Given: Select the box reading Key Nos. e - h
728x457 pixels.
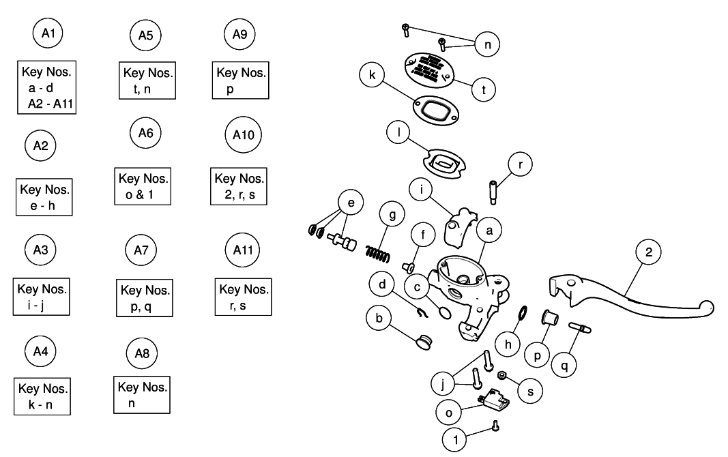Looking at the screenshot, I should pos(44,197).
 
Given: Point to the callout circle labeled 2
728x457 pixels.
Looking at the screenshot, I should pos(648,251).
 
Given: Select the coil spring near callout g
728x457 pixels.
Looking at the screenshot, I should pos(377,250).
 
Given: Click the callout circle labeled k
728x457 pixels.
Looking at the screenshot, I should pos(373,75).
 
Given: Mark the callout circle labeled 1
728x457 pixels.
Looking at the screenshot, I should pos(455,439).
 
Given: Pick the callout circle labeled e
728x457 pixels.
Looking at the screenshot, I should pos(351,203).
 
